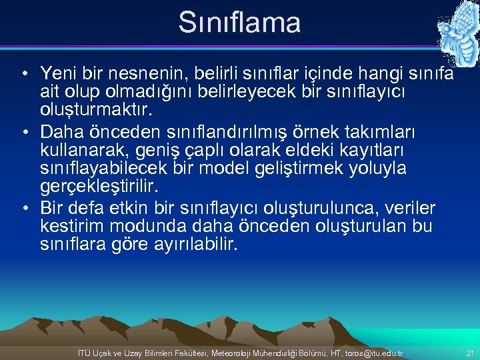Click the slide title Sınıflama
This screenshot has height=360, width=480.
(x=239, y=22)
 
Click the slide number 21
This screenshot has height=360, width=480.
(x=470, y=353)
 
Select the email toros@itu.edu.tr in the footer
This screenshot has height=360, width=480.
(x=370, y=353)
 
